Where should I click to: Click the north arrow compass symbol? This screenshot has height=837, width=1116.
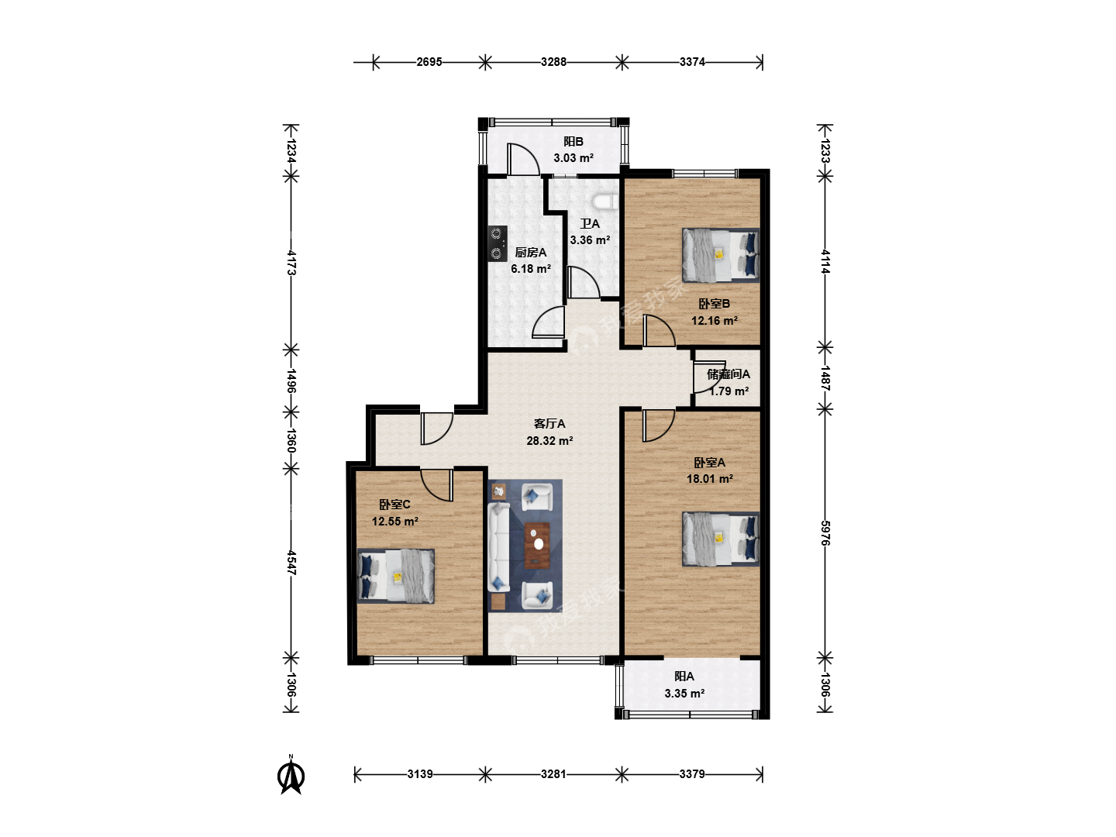click(x=291, y=776)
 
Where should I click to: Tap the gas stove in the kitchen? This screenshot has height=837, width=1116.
click(x=498, y=243)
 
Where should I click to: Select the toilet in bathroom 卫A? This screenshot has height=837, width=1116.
click(x=605, y=201)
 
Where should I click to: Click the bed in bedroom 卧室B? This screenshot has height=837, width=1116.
click(x=721, y=255)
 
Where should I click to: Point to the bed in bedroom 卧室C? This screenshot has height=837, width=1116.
click(x=395, y=576)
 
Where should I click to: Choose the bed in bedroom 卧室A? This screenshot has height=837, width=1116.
click(x=721, y=539)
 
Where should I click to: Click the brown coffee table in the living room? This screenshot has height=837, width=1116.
click(x=537, y=546)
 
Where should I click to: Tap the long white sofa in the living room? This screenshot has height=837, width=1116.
click(x=499, y=547)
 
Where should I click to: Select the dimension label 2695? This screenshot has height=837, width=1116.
click(x=429, y=62)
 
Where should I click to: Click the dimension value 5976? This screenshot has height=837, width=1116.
click(x=825, y=533)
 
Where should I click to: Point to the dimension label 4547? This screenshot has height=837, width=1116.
click(x=291, y=563)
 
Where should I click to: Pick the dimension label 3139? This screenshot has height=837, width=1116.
click(x=420, y=774)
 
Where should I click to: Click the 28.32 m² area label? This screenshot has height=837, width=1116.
click(x=549, y=441)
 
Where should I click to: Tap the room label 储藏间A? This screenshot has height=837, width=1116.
click(x=728, y=374)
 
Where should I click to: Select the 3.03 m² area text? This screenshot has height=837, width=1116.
click(x=573, y=158)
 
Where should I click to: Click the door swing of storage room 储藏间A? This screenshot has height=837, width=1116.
click(x=703, y=377)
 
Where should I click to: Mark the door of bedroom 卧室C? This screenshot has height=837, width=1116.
click(x=437, y=485)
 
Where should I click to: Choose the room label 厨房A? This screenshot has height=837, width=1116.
click(x=531, y=253)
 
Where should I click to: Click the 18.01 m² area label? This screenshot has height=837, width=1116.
click(x=710, y=479)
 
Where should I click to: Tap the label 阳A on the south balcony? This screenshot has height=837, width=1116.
click(x=684, y=677)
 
